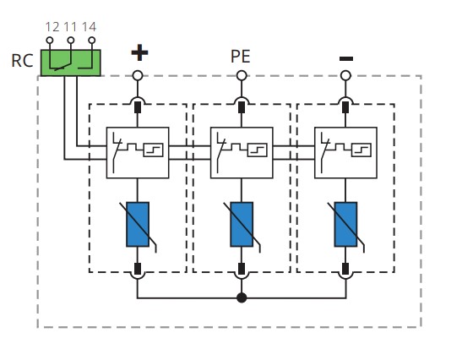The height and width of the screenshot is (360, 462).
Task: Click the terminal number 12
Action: [52, 27]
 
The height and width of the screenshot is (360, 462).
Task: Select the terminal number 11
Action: [70, 27]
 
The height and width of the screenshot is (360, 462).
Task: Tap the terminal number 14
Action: [89, 27]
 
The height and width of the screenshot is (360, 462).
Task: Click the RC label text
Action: [22, 61]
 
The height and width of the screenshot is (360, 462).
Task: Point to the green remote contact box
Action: [71, 63]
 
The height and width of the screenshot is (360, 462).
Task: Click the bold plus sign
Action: [139, 52]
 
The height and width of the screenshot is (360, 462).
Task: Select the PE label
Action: [241, 57]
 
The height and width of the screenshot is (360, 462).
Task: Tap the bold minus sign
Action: [346, 58]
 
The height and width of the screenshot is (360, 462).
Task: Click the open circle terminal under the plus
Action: [138, 76]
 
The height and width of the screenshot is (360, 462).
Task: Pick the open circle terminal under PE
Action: [242, 76]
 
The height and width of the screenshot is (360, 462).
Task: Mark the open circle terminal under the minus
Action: [346, 76]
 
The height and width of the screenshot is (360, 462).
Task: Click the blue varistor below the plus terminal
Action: [138, 225]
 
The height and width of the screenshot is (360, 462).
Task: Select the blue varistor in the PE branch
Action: [242, 225]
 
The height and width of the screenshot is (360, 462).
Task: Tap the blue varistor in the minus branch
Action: [346, 225]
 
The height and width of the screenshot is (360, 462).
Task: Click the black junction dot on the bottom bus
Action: [242, 297]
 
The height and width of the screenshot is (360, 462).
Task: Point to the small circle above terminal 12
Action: [50, 40]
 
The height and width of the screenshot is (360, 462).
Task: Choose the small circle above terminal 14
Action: [92, 40]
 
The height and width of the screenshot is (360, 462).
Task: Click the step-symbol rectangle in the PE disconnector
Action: [258, 150]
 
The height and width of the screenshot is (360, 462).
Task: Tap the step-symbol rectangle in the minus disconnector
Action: [361, 150]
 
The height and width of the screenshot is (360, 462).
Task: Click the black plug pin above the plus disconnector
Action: [138, 107]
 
